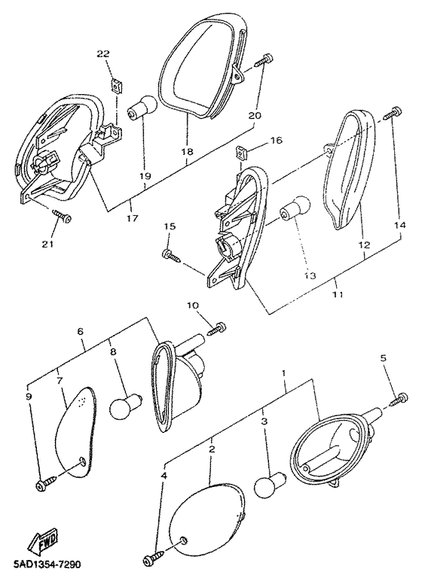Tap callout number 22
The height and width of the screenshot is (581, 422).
click(103, 54)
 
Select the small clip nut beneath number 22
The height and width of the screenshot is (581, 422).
click(117, 87)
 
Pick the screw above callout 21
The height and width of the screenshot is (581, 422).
click(63, 216)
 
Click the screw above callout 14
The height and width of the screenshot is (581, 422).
click(393, 113)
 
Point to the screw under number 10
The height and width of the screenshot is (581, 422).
click(217, 328)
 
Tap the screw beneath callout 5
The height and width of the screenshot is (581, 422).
click(399, 399)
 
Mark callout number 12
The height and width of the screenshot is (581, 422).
click(364, 245)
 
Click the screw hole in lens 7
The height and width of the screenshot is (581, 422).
click(82, 461)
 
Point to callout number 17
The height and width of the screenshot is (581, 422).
click(133, 218)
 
